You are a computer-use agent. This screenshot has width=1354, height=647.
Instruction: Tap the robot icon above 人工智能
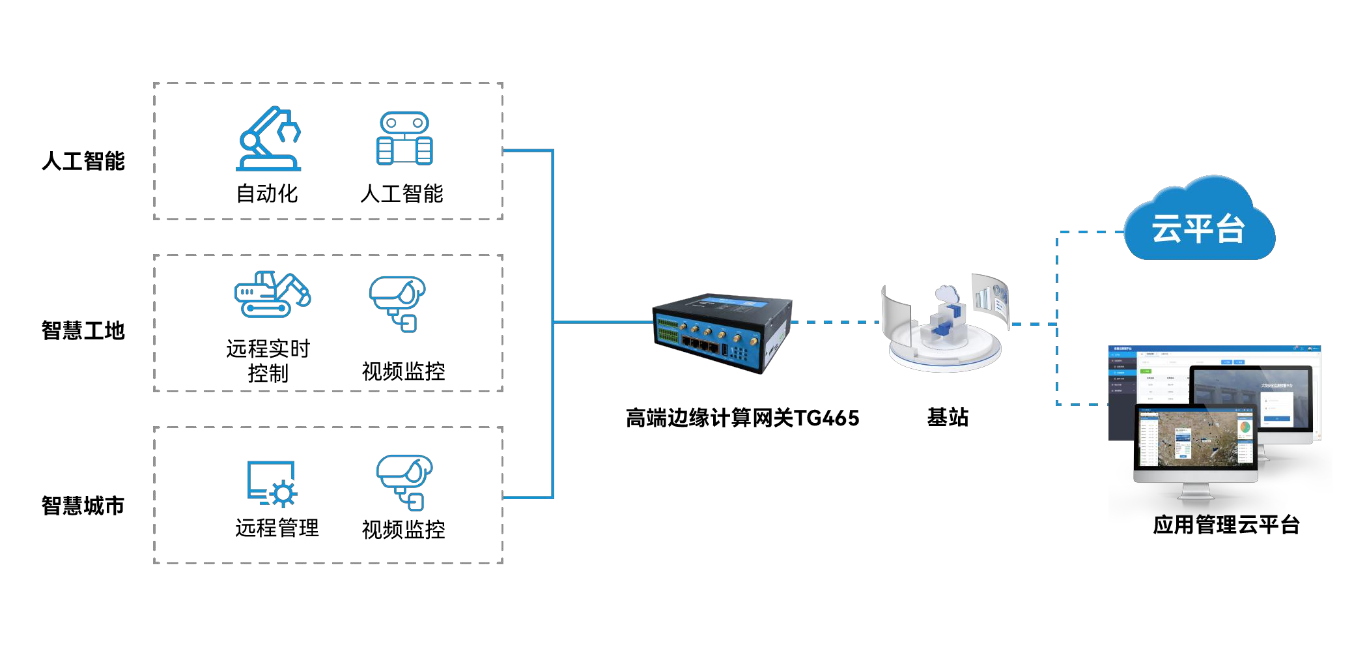404,139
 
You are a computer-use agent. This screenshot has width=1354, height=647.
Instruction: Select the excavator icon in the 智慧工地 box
272,295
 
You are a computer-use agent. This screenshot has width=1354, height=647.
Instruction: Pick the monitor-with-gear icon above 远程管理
272,483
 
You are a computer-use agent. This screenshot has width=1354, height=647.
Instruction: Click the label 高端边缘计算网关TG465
742,418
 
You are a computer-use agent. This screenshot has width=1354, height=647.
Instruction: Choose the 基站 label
948,417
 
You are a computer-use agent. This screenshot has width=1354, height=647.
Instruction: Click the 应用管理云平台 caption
1226,525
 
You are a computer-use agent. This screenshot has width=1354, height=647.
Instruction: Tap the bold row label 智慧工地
83,330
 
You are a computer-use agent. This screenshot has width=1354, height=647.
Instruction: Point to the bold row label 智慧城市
83,506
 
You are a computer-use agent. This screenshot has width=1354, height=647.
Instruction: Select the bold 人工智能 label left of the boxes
83,161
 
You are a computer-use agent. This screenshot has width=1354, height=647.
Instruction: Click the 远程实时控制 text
268,360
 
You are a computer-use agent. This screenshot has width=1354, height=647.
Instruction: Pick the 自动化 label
267,194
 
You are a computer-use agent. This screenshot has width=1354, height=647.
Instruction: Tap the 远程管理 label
277,528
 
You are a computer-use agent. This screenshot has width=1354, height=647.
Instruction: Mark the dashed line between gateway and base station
835,322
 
